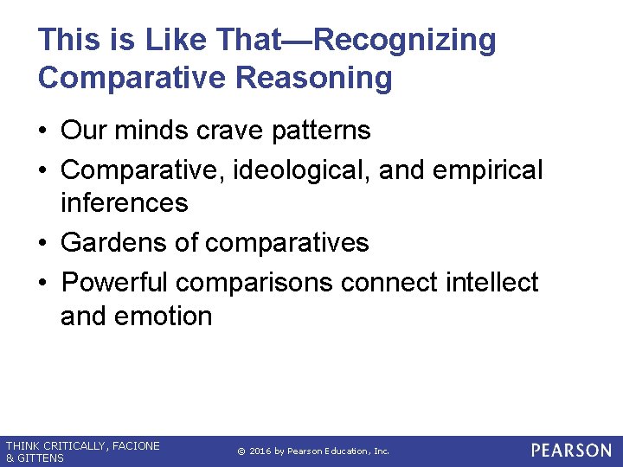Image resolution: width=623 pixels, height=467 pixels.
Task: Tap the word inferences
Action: point(124,203)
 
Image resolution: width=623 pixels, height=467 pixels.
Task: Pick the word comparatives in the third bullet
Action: point(286,243)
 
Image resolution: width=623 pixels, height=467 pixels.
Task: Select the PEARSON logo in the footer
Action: point(571,451)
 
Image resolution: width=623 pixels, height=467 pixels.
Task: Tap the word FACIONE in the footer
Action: point(136,446)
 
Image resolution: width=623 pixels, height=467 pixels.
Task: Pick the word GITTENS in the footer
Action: point(41,458)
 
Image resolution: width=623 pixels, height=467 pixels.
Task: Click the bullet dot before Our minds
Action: point(42,131)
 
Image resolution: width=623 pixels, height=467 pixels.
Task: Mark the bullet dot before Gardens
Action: point(42,244)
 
